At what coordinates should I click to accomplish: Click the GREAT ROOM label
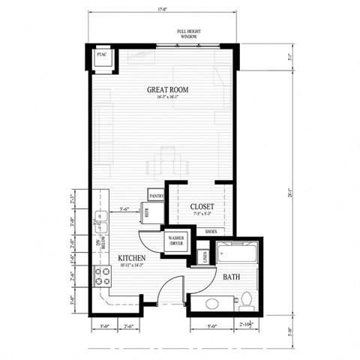click(x=167, y=90)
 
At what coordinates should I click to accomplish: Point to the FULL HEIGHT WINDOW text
click(x=188, y=34)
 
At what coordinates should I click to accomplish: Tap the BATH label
click(x=231, y=277)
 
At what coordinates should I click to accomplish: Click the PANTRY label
click(x=157, y=196)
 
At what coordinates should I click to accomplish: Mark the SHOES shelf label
click(x=211, y=232)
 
